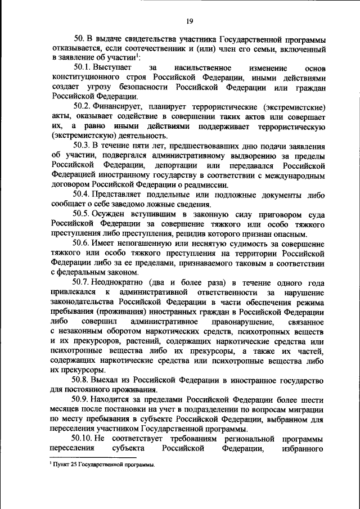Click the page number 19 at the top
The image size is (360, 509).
coord(190,21)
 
